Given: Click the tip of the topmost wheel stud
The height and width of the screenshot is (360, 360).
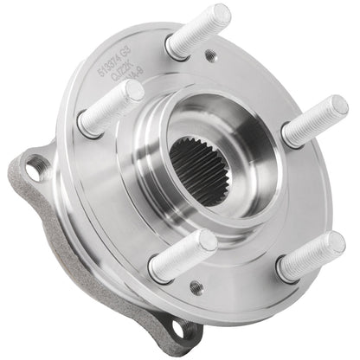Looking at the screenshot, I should (220, 15).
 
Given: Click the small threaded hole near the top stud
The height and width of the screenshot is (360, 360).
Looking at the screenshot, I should (210, 56).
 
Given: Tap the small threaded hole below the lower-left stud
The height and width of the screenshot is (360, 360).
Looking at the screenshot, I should (196, 286).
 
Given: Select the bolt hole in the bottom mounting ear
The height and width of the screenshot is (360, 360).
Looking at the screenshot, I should (180, 329).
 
